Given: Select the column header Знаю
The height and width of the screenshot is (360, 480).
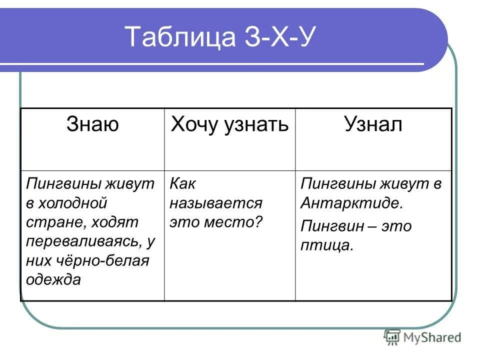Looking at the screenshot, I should [92, 124].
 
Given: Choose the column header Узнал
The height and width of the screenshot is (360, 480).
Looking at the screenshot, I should [373, 124].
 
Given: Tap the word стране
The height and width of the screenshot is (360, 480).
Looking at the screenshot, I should [49, 222].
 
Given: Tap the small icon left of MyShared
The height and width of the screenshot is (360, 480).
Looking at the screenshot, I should [391, 338].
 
